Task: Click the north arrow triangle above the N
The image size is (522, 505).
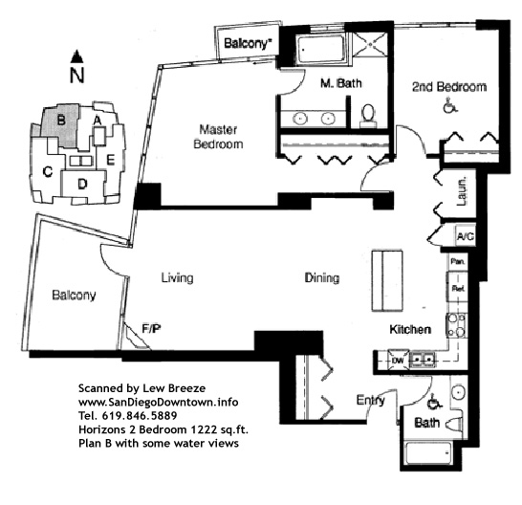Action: (76, 56)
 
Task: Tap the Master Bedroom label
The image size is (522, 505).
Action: (218, 137)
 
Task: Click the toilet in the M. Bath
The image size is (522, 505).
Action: (368, 116)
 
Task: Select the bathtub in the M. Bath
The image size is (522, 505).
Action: (321, 50)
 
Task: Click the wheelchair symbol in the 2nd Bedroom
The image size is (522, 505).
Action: (448, 105)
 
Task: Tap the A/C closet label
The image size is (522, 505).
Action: (465, 237)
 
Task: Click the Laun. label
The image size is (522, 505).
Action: (462, 191)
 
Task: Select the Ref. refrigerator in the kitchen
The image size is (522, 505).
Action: (458, 289)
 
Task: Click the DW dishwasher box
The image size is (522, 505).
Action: (398, 360)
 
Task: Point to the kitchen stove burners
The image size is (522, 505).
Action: (457, 325)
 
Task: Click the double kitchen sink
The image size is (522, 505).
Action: (423, 359)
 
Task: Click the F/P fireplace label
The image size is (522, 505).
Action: (151, 329)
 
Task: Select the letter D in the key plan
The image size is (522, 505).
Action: (82, 184)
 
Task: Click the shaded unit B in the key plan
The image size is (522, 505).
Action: (61, 124)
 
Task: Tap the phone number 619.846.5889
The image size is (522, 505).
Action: (140, 416)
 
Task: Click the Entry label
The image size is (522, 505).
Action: (370, 401)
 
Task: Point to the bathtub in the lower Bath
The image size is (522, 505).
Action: (428, 452)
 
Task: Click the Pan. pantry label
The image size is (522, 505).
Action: (457, 261)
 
